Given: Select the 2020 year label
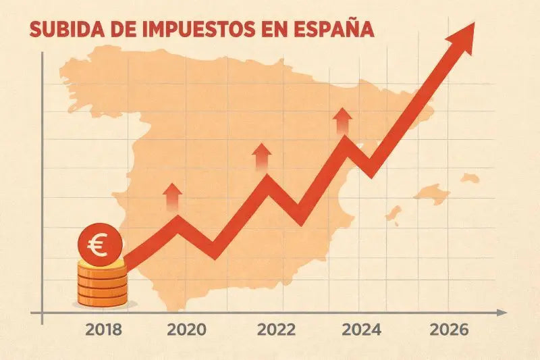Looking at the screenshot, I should (x=187, y=330).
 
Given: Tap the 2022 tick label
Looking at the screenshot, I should (x=277, y=330).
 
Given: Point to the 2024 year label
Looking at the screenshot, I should (x=361, y=330).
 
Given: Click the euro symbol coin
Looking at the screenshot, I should (x=100, y=246).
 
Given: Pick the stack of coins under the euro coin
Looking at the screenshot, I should (x=101, y=284).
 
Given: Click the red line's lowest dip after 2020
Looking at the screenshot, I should (x=213, y=251).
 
